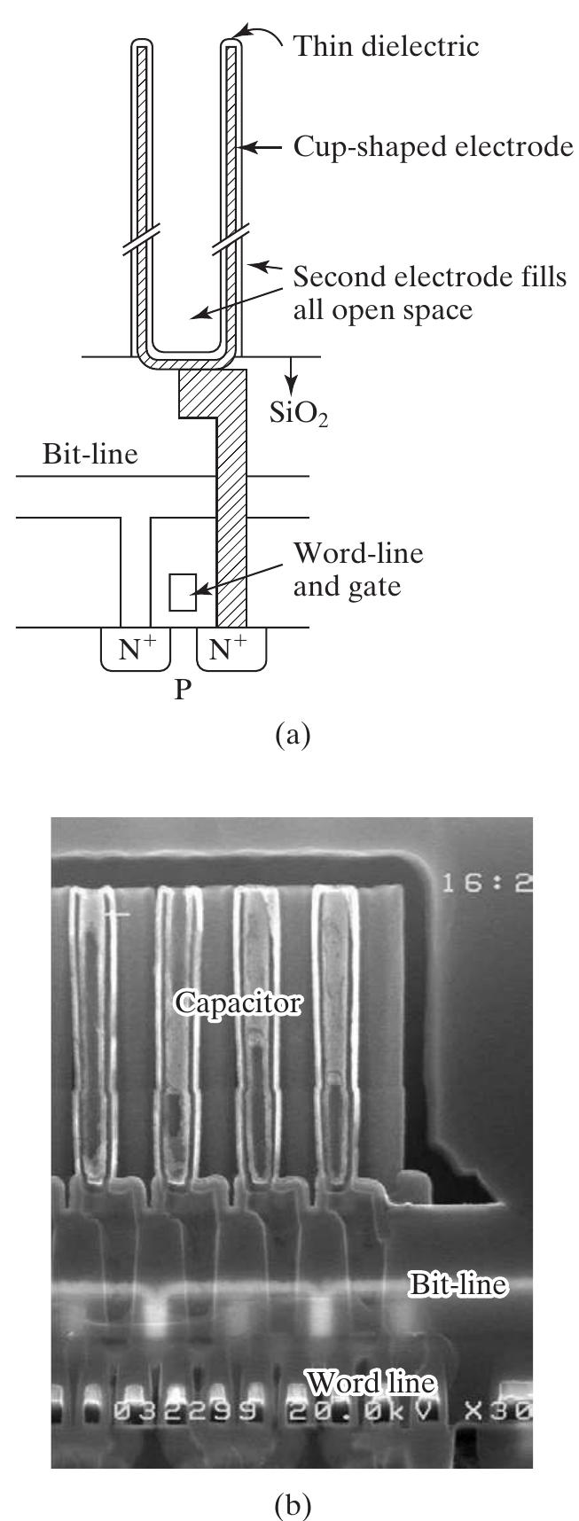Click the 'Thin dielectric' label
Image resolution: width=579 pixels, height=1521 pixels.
pyautogui.click(x=386, y=45)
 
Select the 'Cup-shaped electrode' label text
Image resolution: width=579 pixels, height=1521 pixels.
pyautogui.click(x=433, y=146)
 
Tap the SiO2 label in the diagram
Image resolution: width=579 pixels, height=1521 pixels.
pyautogui.click(x=299, y=412)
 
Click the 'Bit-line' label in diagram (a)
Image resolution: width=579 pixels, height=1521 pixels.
pyautogui.click(x=90, y=455)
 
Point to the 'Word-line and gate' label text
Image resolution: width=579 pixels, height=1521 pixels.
pyautogui.click(x=358, y=569)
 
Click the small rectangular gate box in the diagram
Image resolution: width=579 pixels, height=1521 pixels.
pyautogui.click(x=183, y=592)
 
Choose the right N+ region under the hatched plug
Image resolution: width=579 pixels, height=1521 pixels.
pyautogui.click(x=230, y=650)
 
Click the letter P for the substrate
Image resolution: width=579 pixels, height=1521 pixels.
pyautogui.click(x=183, y=690)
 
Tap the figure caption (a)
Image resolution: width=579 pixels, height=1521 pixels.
pyautogui.click(x=293, y=735)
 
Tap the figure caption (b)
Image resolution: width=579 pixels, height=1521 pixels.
pyautogui.click(x=292, y=1503)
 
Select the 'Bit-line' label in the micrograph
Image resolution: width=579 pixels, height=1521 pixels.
pyautogui.click(x=458, y=1284)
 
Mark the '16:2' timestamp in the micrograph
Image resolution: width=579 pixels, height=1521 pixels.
pyautogui.click(x=487, y=884)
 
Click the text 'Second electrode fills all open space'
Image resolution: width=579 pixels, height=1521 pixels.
pyautogui.click(x=429, y=293)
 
